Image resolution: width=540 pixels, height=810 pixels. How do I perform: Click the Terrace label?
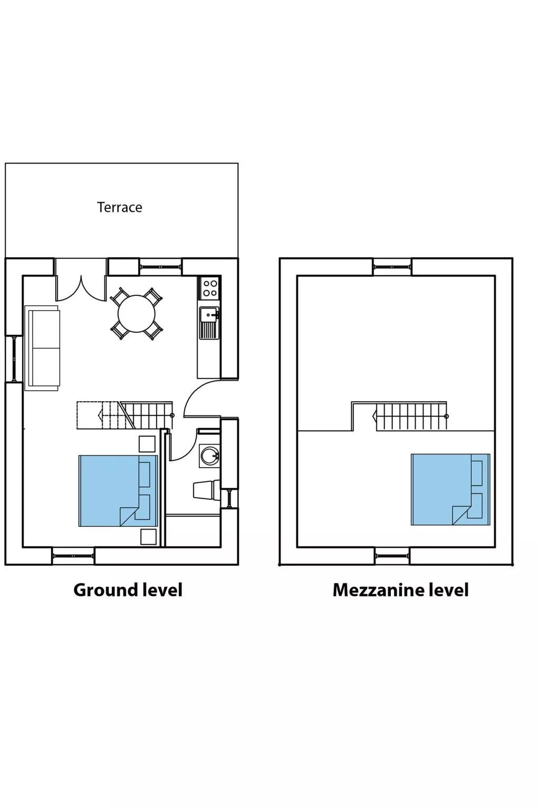point(120,207)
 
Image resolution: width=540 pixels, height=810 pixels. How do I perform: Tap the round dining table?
point(137,314)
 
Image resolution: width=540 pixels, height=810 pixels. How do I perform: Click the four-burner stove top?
point(210,288)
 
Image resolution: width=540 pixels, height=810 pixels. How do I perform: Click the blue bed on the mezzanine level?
point(450,489)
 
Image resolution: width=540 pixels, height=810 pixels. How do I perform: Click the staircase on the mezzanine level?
point(410,417)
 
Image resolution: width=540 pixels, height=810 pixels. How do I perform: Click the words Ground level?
point(128,590)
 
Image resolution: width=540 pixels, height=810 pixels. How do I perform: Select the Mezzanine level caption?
point(400,590)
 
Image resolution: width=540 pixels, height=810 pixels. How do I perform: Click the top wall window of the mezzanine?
point(392,267)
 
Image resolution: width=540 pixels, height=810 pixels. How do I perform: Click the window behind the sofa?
point(13,359)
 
